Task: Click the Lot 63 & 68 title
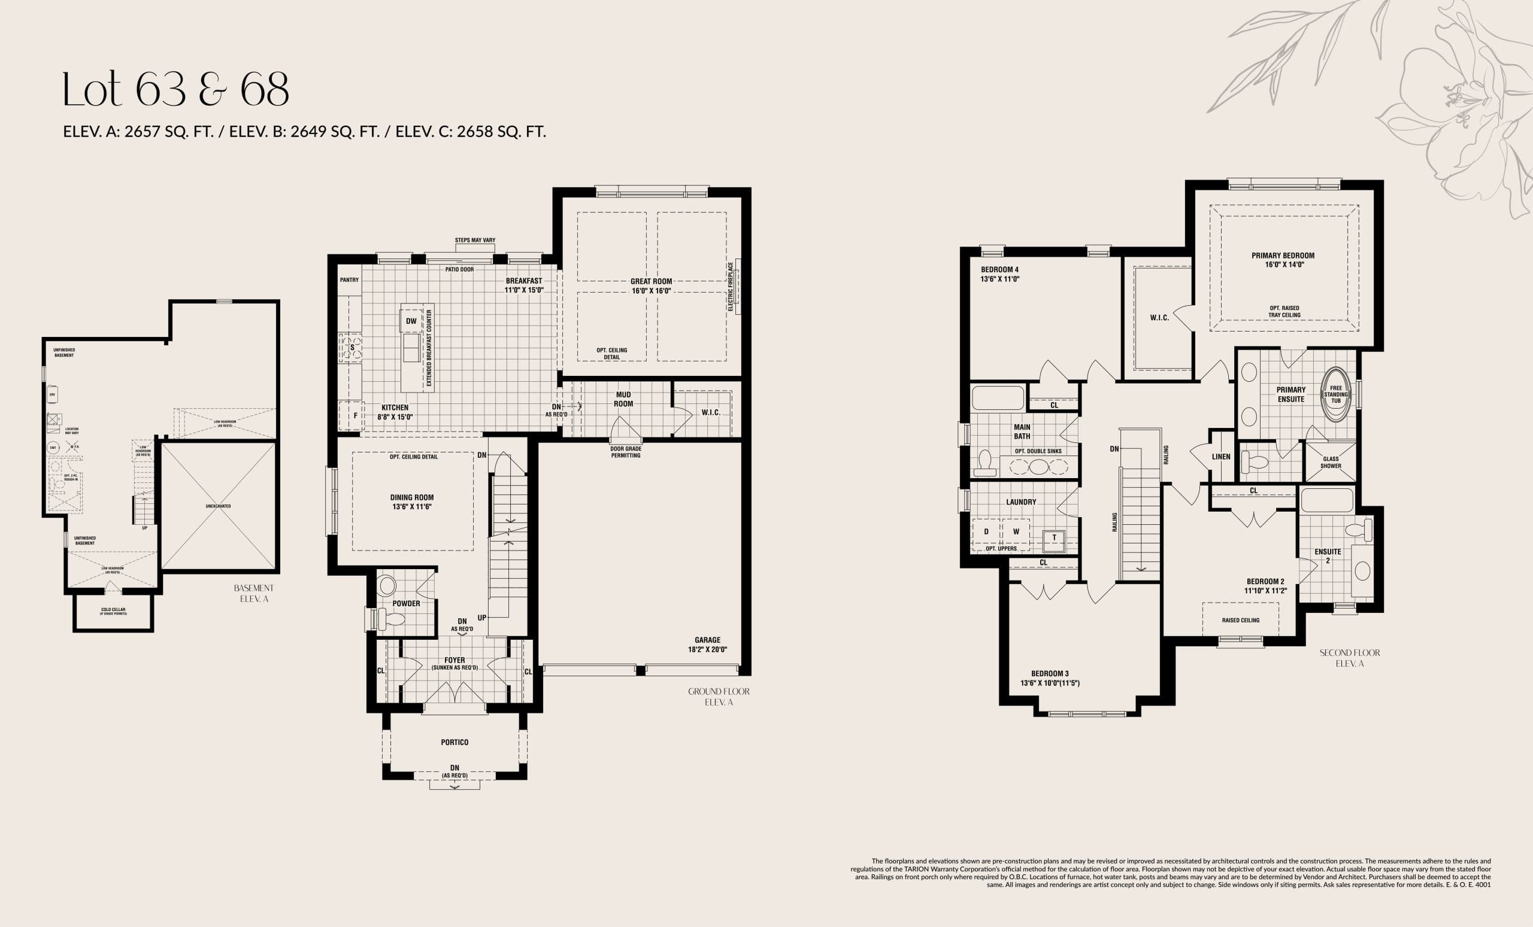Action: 176,90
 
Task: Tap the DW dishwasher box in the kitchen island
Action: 411,321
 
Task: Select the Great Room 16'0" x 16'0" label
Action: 652,286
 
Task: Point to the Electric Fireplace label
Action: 731,287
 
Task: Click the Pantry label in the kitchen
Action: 349,280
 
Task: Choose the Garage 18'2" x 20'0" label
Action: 707,644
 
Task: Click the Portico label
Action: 454,742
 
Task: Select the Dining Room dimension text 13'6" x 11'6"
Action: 412,507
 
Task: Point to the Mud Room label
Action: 623,399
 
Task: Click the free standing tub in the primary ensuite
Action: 1335,396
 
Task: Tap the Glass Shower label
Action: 1331,463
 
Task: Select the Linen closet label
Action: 1220,457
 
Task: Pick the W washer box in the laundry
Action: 1016,531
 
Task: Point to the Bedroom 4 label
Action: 1000,274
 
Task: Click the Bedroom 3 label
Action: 1050,678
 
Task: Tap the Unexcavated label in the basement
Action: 218,506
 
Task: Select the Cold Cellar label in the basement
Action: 113,611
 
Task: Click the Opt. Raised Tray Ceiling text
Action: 1284,311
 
